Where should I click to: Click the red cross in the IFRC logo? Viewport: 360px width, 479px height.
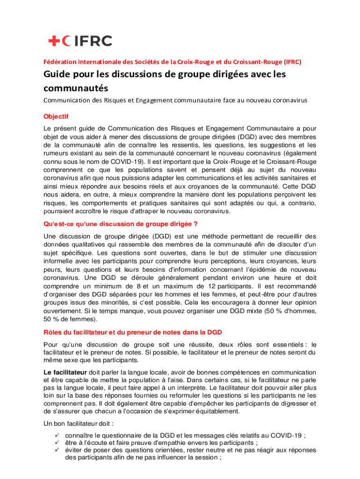pos(53,41)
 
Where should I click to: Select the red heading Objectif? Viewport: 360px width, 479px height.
pos(56,116)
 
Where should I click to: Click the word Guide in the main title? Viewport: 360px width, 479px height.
pos(58,74)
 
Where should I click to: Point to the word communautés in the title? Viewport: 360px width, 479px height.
pos(76,88)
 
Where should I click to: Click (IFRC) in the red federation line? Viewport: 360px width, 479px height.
pos(292,61)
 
